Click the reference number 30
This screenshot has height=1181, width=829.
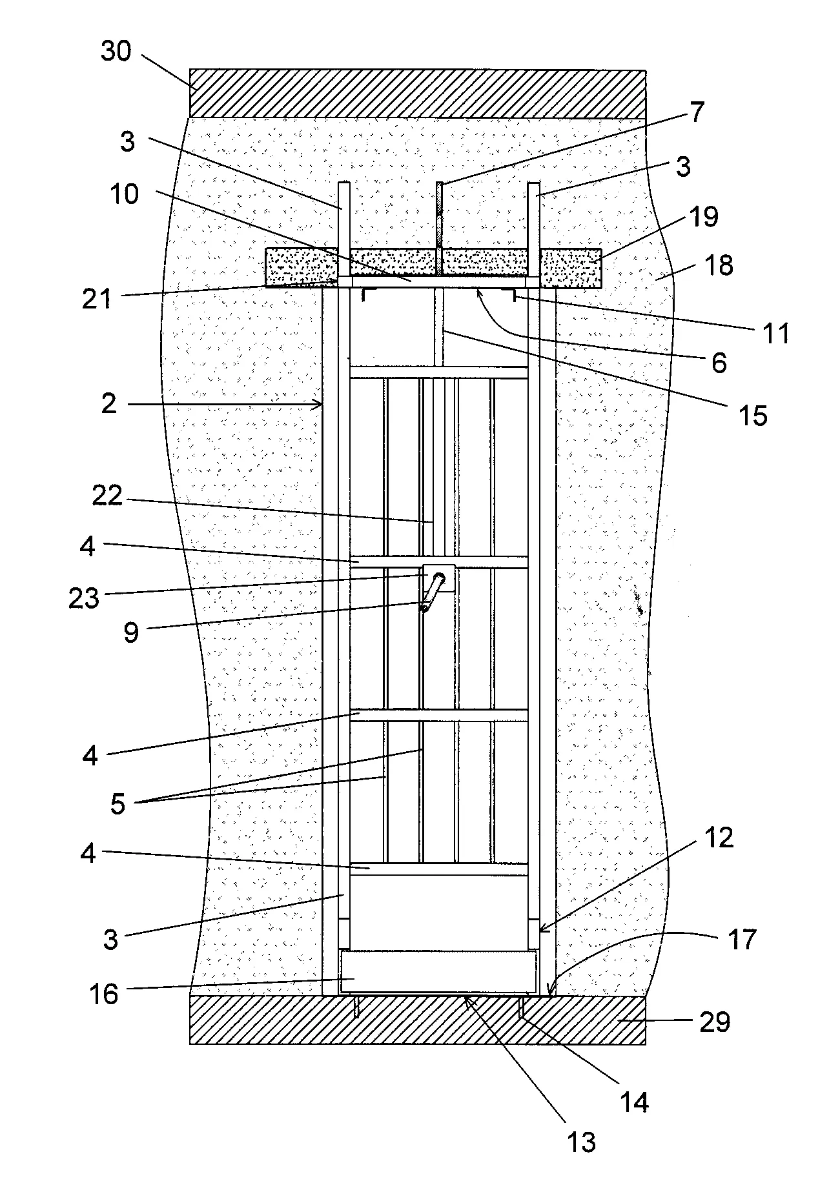coord(116,51)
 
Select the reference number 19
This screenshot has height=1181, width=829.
coord(703,217)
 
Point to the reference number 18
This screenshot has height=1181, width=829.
coord(719,265)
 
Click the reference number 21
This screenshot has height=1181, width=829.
coord(96,299)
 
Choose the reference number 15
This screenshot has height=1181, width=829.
coord(752,416)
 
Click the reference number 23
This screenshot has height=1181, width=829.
coord(85,598)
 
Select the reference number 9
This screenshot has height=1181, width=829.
coord(131,632)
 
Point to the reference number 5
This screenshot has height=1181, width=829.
coord(118,804)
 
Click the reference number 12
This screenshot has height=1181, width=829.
coord(719,838)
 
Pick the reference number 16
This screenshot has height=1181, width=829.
coord(104,994)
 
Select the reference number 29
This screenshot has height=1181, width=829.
coord(715,1022)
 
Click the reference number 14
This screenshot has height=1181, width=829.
coord(635,1102)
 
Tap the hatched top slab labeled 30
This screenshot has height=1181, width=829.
coord(417,94)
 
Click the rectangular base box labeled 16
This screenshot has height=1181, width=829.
coord(438,971)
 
